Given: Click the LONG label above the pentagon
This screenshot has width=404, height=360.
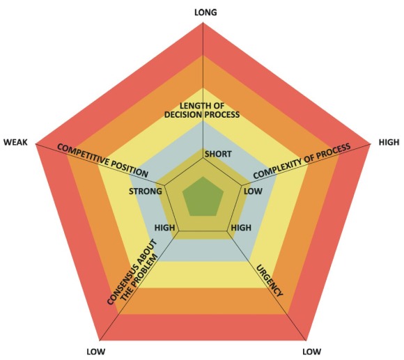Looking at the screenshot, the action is point(205,12).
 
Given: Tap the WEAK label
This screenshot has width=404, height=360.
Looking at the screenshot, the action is point(15,142).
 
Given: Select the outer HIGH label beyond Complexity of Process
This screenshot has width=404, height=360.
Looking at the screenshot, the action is point(389,142).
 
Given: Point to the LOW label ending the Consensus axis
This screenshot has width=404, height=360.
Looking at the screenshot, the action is point(96,352).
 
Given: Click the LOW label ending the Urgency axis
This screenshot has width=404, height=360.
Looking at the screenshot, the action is point(312,352).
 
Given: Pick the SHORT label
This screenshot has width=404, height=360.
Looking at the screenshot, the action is point(218,154).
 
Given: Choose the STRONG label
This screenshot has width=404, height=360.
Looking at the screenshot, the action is point(146,191).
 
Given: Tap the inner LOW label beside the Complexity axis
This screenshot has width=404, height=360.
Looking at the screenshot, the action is point(253,191).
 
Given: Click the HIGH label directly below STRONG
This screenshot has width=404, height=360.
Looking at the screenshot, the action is point(164,228).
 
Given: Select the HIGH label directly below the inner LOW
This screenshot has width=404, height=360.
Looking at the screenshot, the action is point(241,228).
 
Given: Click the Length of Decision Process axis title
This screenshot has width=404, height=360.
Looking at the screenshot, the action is point(202,110).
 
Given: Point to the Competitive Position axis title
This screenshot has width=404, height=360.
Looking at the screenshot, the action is point(102,161).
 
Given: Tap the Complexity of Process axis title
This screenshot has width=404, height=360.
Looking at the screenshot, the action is point(302,161).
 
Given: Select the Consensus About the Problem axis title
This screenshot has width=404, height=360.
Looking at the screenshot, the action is point(132,272).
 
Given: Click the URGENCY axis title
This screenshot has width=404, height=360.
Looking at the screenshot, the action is point(270,281).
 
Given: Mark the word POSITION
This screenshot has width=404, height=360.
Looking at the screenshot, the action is point(130,169).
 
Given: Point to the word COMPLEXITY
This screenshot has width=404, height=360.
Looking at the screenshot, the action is point(278,168).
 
